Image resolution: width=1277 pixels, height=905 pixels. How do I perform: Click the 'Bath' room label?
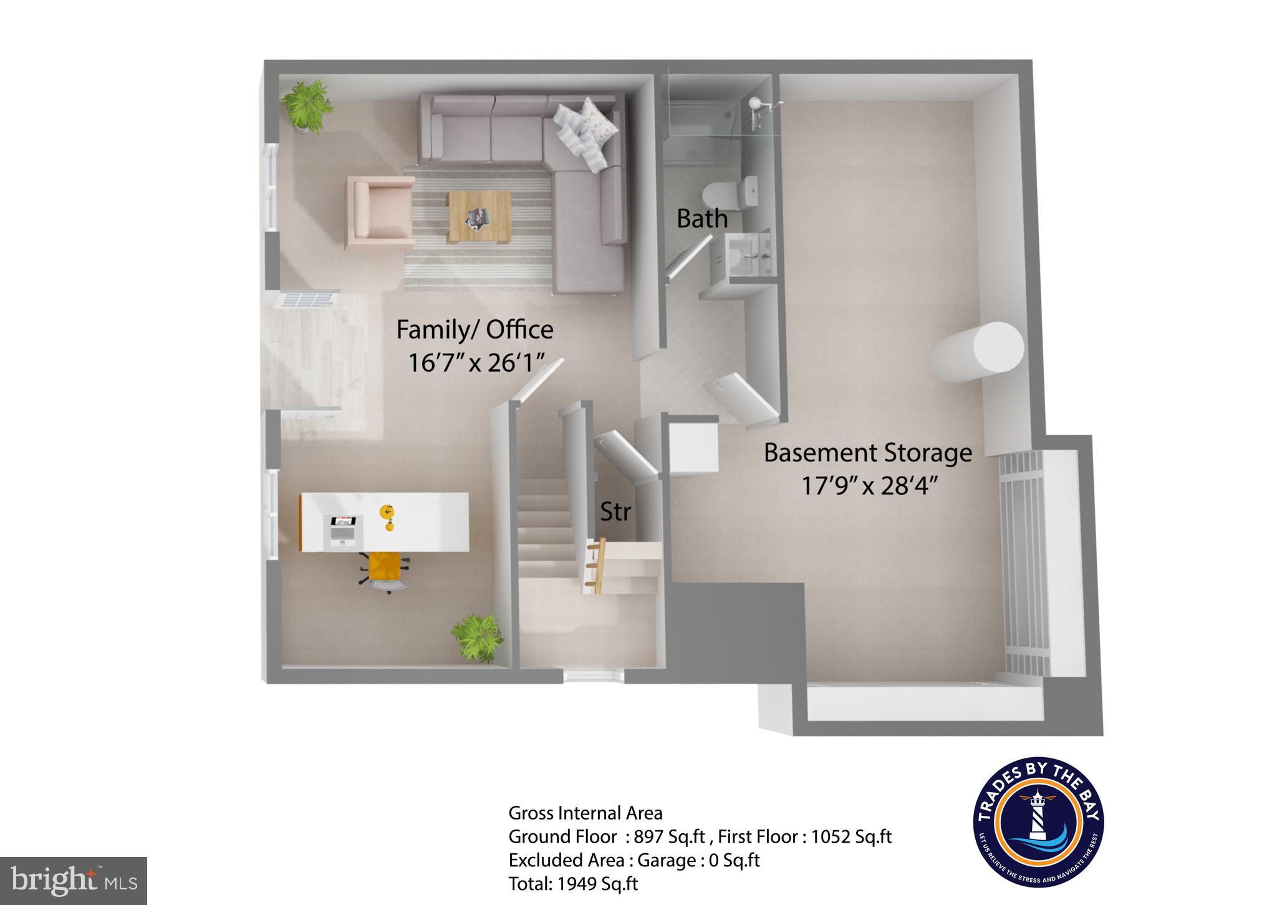pos(701,219)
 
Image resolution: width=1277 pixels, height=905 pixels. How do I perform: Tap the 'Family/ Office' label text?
pos(475,330)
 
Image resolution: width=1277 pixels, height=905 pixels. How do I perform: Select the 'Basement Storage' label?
pos(867,453)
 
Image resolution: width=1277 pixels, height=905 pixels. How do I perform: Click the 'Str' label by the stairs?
pos(615,512)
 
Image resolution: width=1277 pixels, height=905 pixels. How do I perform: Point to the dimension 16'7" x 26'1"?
pos(476,362)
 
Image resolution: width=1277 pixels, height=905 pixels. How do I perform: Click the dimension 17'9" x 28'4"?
pos(869,485)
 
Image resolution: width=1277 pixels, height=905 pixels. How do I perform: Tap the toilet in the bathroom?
pos(728,193)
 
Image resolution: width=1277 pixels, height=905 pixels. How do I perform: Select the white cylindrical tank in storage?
pos(978,352)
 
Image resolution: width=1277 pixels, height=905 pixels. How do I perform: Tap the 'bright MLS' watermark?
pos(74,880)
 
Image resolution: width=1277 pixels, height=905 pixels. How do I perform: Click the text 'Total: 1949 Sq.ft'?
pos(573,884)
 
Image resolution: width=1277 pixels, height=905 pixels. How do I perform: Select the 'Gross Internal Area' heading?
pos(585,813)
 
